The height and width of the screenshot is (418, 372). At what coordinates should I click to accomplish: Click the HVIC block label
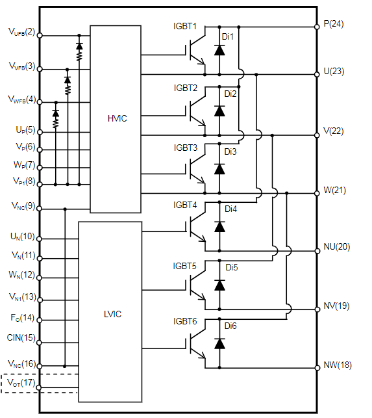coord(117,118)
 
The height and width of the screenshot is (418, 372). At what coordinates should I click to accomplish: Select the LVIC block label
coord(112,314)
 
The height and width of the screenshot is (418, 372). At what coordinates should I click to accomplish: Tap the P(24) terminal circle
coord(317,27)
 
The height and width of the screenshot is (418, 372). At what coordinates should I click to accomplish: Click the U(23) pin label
coord(334,71)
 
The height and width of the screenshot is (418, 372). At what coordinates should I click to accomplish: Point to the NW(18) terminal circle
coord(317,368)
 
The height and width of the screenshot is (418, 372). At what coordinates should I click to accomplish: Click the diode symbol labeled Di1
coord(219,50)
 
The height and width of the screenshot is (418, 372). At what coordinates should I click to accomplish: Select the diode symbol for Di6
coord(219,344)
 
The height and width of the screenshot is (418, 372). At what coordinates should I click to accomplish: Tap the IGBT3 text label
coord(185,148)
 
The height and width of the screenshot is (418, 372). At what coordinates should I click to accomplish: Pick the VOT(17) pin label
coord(21,383)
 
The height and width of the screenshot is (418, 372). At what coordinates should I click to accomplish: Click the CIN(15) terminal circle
coord(39,343)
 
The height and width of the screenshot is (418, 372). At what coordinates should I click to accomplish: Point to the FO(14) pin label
coord(22,317)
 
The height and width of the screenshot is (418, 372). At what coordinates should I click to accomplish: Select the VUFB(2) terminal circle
coord(40,35)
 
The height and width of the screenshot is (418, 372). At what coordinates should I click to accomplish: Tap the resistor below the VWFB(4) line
coord(56,123)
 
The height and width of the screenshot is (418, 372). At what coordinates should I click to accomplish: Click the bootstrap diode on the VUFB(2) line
coord(79,46)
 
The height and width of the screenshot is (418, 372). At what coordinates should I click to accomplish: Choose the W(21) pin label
coord(334,190)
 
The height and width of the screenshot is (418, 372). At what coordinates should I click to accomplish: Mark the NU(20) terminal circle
coord(317,251)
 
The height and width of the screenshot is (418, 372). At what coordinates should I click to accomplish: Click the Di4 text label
coord(230,209)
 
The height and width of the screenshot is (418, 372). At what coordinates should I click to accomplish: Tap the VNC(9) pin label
coord(23,206)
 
